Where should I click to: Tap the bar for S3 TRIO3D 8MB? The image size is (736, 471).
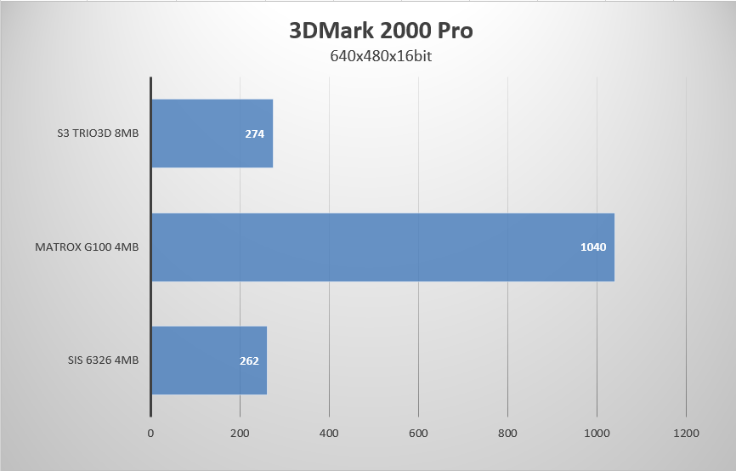tap(212, 133)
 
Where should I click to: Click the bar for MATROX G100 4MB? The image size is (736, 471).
tap(382, 247)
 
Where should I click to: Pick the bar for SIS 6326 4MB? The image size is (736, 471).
tap(208, 360)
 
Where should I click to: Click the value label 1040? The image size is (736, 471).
tap(592, 247)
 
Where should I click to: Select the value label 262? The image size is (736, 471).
tap(249, 360)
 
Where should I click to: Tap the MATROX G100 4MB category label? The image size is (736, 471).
tap(87, 247)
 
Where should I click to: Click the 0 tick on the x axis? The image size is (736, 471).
tap(150, 434)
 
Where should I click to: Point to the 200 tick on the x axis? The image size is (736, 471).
tap(240, 434)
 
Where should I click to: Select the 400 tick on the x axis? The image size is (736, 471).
tap(329, 434)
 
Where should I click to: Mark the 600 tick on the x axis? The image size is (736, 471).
tap(418, 434)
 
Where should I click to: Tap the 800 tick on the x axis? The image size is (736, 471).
tap(507, 434)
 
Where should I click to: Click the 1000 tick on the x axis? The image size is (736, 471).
tap(597, 434)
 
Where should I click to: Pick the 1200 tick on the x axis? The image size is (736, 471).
tap(686, 434)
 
